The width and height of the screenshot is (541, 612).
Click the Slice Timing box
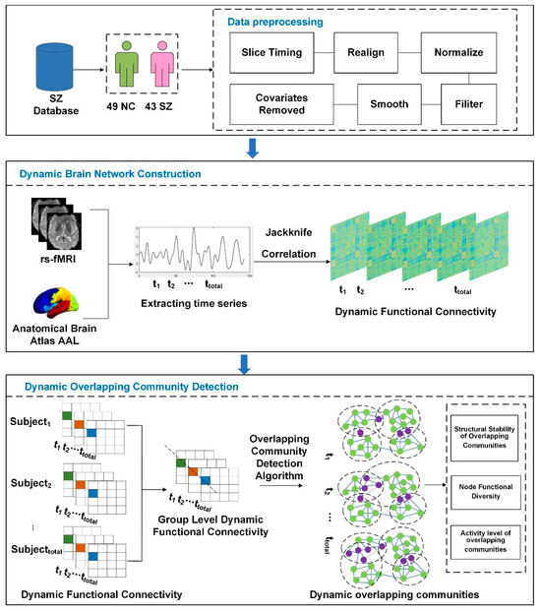[x=269, y=58]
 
